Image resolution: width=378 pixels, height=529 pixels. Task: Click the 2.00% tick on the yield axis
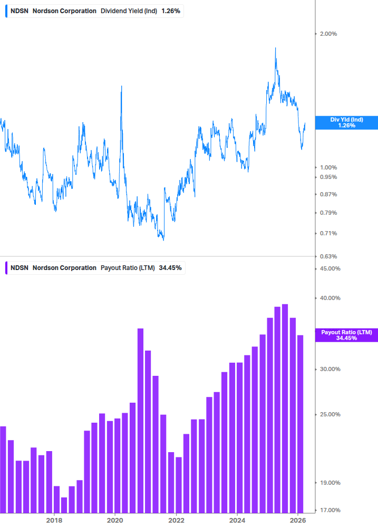[328, 34]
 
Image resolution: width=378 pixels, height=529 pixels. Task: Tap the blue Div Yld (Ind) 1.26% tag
[346, 123]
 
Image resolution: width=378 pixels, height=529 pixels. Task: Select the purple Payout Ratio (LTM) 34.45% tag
[346, 335]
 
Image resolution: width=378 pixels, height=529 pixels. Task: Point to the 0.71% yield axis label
[328, 233]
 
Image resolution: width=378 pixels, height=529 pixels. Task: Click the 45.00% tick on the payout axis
[330, 268]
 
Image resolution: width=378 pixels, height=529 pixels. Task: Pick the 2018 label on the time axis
[54, 520]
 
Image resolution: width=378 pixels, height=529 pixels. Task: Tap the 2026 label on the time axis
[298, 520]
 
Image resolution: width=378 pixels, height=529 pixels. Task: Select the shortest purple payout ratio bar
[64, 505]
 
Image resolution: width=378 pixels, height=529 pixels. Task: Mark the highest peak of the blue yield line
[275, 48]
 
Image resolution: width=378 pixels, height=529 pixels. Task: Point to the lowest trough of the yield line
[163, 240]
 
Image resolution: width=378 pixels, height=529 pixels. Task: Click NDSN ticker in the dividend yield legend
[20, 11]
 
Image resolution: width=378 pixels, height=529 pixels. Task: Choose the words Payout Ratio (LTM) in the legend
[128, 268]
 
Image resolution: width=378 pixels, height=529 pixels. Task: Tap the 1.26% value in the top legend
[171, 11]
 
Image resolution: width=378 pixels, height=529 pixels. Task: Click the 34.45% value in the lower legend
[170, 268]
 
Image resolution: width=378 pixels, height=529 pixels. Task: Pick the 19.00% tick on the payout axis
[330, 483]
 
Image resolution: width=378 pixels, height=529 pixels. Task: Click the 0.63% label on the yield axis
[328, 256]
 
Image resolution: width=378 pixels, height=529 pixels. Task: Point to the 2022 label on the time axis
[176, 520]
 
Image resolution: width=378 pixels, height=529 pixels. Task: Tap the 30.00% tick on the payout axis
[330, 369]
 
